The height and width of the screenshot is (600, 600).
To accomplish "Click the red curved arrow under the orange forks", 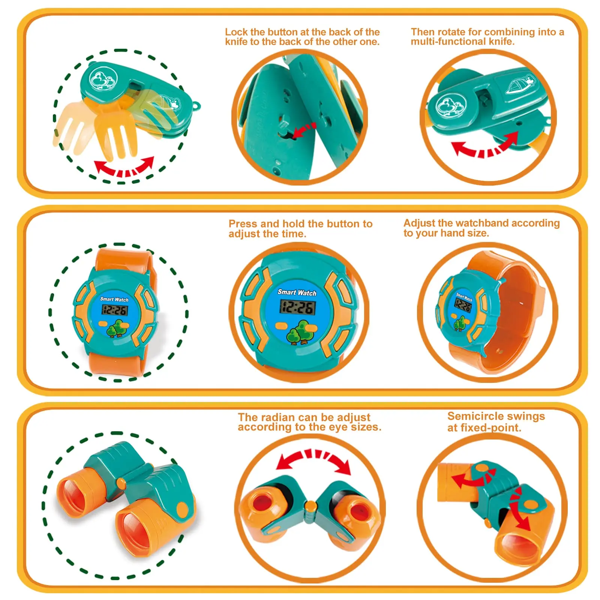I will tap(124, 167).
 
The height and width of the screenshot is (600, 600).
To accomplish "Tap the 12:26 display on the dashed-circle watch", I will tap(115, 310).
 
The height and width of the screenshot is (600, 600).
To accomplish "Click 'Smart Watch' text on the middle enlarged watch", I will tap(297, 292).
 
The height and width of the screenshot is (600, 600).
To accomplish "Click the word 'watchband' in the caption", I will tap(482, 223).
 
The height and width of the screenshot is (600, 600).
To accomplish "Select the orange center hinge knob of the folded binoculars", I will tap(310, 506).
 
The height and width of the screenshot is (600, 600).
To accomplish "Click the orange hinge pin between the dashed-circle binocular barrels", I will tap(121, 483).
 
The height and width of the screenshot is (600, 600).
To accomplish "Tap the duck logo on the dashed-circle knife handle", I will tap(103, 79).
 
